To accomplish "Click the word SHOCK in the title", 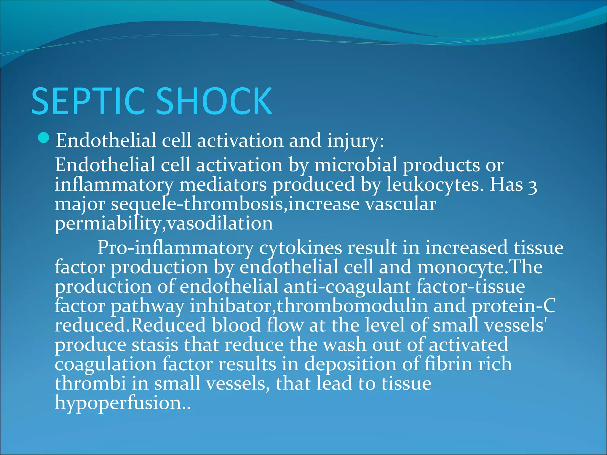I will [x=214, y=101].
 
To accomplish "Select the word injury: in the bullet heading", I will [x=355, y=140].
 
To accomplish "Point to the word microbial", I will [x=355, y=165].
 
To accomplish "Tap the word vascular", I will [x=400, y=204].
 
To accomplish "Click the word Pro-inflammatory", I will [x=175, y=248].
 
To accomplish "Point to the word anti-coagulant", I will [x=347, y=287].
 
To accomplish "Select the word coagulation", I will [x=106, y=365].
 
